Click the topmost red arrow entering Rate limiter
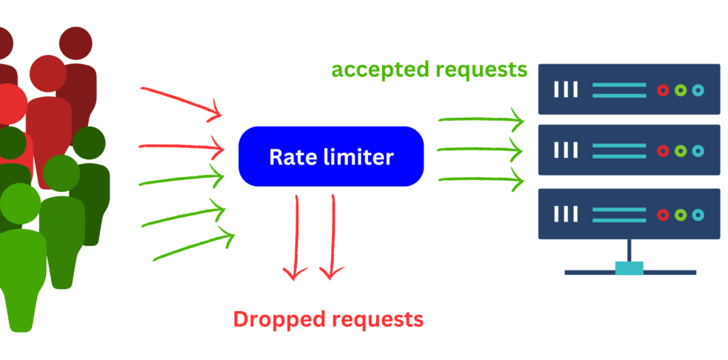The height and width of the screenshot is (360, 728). coord(181,101)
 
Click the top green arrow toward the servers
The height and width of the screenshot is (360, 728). coord(481,117)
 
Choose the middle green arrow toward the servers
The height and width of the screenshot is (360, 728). coord(481,150)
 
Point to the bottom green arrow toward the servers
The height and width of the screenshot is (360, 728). coord(481,179)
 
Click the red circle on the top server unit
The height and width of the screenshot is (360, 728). coord(662,90)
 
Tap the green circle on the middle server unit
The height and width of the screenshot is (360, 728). coord(680,151)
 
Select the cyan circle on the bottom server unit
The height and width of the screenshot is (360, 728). coord(698,214)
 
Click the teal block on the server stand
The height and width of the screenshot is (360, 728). coord(630,267)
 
